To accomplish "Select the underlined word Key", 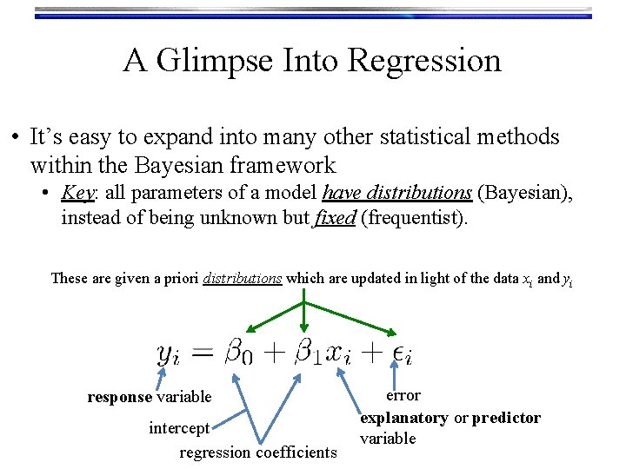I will tap(77, 192).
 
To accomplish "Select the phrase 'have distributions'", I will tap(397, 192).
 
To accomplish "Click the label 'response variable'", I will tap(150, 397).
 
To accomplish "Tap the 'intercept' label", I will tap(179, 427).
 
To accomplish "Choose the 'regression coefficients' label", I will tap(257, 452).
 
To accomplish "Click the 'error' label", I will tap(403, 395).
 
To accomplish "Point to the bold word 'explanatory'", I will tap(404, 418).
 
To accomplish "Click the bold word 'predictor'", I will tap(506, 418).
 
